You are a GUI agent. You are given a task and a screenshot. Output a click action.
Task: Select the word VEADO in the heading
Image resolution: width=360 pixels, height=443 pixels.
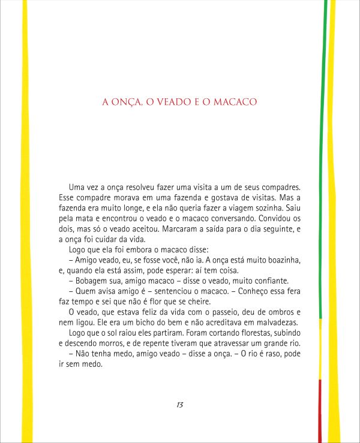pos(173,103)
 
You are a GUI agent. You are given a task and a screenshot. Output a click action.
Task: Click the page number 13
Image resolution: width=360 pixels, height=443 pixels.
pos(179,405)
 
